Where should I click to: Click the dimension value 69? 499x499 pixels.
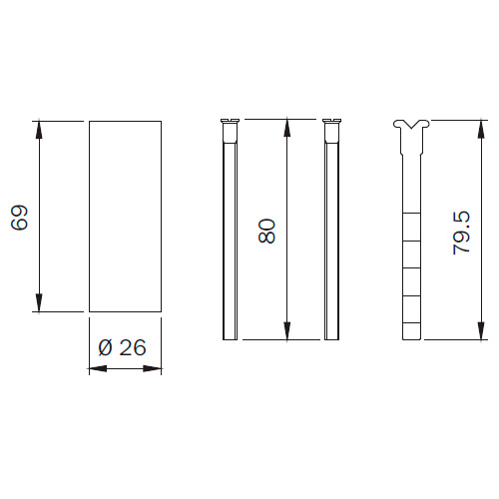tap(19, 218)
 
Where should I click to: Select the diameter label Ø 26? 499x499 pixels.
tap(122, 348)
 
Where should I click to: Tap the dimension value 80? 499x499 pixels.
tap(266, 231)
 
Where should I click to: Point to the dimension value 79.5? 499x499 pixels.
tap(462, 233)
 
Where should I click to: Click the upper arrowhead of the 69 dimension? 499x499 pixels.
tap(39, 129)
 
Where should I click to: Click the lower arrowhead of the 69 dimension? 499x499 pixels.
tap(39, 303)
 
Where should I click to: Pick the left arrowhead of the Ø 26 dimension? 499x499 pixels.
tap(98, 368)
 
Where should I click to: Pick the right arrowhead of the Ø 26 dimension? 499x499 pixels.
tap(153, 368)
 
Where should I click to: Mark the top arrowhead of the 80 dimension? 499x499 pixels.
tap(287, 128)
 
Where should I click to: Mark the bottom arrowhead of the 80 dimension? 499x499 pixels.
tap(287, 331)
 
